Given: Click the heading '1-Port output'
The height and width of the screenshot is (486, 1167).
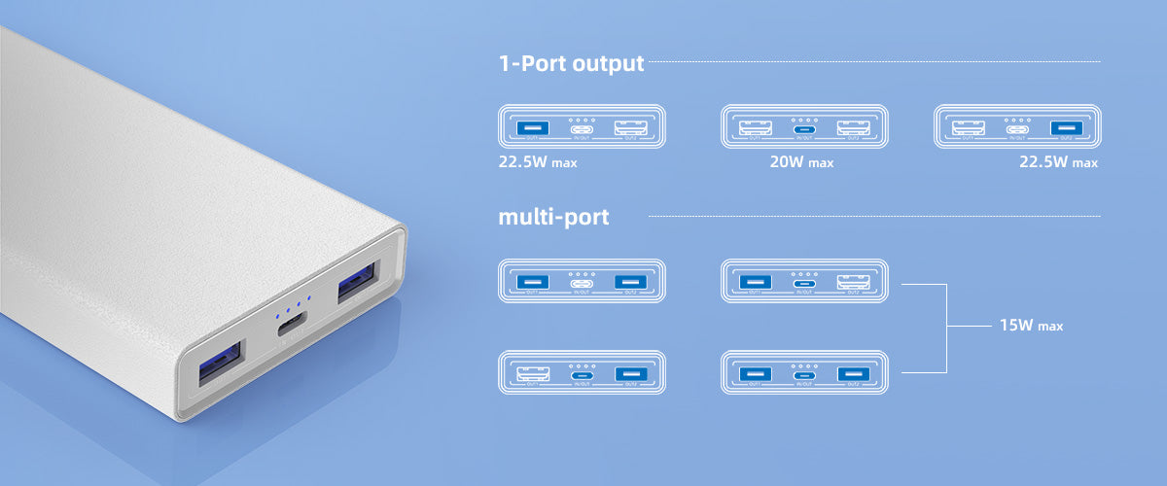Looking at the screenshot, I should pyautogui.click(x=571, y=64).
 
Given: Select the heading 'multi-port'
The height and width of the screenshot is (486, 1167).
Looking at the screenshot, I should pyautogui.click(x=553, y=216).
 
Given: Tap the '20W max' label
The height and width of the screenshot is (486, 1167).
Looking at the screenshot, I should pyautogui.click(x=801, y=162).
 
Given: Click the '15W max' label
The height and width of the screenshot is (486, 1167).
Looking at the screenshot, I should pyautogui.click(x=1030, y=326).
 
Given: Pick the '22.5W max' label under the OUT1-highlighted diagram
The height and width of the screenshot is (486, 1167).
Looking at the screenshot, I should pyautogui.click(x=538, y=162).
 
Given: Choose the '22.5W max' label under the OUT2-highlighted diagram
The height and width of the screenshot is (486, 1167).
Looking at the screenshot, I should pyautogui.click(x=1058, y=162).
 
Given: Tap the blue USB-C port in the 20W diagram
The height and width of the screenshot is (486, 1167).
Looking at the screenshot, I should pyautogui.click(x=803, y=128).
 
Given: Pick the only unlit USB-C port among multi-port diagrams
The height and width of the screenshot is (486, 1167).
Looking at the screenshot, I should pyautogui.click(x=582, y=283).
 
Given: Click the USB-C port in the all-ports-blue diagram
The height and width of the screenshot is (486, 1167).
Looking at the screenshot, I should pyautogui.click(x=803, y=374).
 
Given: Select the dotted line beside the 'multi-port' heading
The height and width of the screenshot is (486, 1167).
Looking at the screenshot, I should pyautogui.click(x=874, y=216).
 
